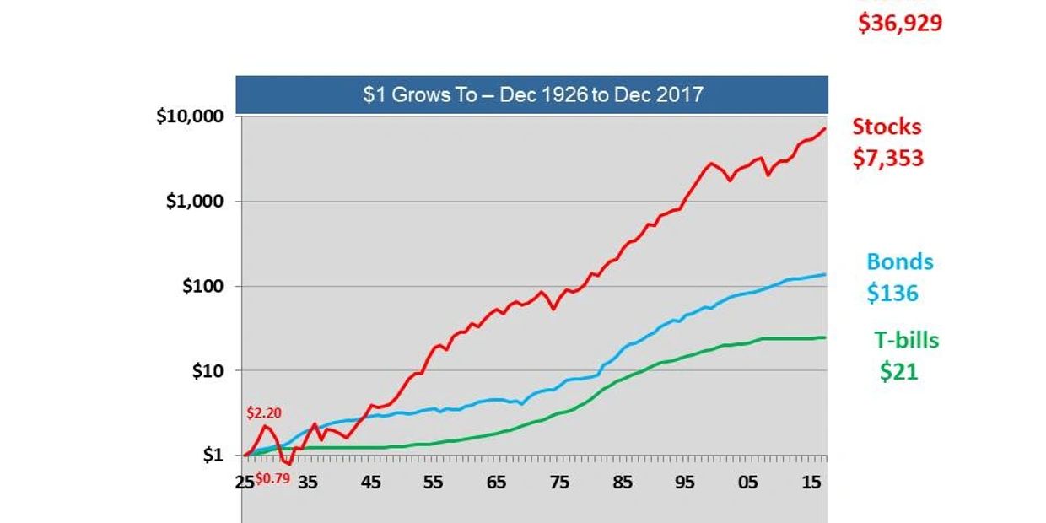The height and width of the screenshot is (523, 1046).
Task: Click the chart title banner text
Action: click(532, 94)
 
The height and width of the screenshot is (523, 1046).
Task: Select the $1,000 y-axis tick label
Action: click(198, 202)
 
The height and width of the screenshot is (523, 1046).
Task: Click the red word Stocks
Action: click(887, 127)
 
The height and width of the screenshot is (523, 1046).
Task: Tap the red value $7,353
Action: click(888, 158)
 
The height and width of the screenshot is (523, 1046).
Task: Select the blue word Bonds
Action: click(900, 261)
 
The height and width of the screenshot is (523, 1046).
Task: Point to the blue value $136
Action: click(892, 294)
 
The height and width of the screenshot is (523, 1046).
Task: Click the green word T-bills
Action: click(906, 340)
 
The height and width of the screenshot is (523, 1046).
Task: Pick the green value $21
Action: click(898, 371)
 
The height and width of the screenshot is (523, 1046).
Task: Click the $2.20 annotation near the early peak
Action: click(263, 413)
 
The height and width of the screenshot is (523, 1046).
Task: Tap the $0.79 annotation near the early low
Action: click(272, 477)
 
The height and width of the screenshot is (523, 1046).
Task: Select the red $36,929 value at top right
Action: click(899, 23)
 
